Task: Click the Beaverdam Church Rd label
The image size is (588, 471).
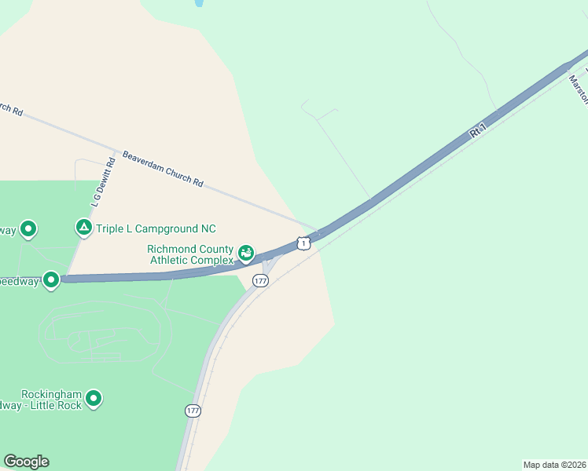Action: click(163, 169)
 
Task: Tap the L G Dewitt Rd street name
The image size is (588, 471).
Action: click(103, 181)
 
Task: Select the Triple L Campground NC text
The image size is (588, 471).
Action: click(156, 228)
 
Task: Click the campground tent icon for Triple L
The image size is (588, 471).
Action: click(83, 228)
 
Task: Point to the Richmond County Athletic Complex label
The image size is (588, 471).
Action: click(191, 254)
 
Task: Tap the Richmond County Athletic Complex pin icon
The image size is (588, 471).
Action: click(247, 253)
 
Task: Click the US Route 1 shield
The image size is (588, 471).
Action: click(303, 243)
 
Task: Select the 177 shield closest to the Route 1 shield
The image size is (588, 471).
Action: click(261, 280)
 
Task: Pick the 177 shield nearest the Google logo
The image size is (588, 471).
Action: click(193, 411)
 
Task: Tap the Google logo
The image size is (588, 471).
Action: click(26, 462)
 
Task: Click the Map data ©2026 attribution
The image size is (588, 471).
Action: click(554, 464)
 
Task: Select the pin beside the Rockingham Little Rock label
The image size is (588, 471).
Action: click(94, 399)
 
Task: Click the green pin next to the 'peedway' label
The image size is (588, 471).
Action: click(51, 279)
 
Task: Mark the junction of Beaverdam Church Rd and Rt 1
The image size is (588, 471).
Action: click(318, 232)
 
